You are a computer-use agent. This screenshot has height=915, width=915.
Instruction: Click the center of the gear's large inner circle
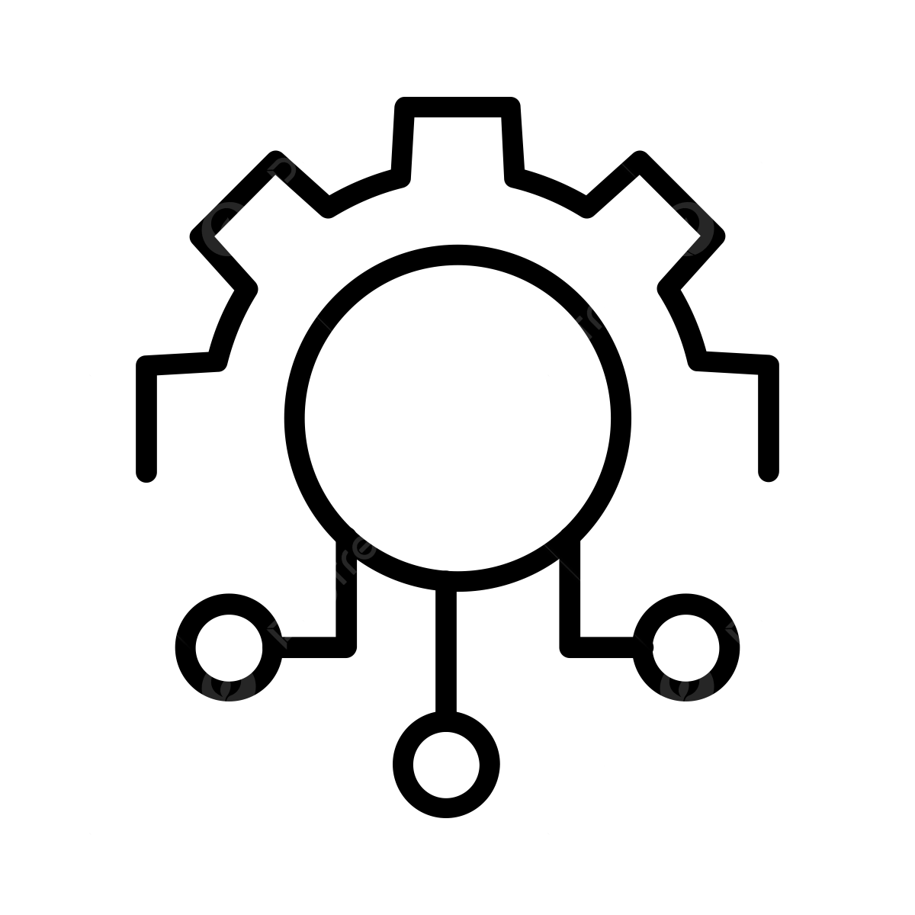point(457,418)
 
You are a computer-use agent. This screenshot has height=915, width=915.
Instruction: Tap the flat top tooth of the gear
point(457,108)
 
